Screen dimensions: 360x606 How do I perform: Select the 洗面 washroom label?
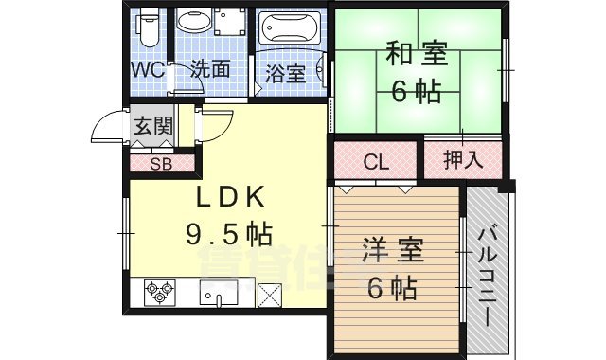[x=209, y=69]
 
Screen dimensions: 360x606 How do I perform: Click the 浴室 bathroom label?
[x=285, y=72]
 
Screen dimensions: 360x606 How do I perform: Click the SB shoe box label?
[x=162, y=163]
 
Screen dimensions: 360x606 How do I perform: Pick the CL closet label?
[x=376, y=162]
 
